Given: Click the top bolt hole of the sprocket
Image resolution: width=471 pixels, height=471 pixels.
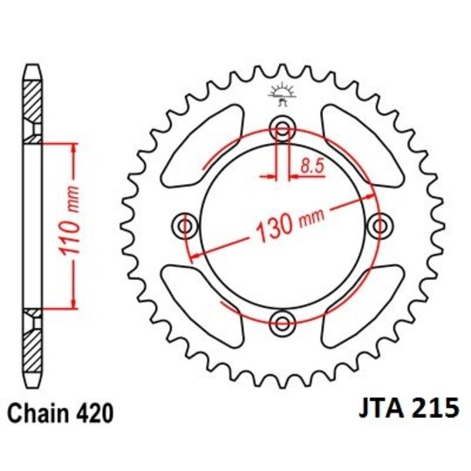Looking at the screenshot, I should tap(282, 131).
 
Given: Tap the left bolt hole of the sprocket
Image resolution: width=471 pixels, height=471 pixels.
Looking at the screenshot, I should tap(185, 227).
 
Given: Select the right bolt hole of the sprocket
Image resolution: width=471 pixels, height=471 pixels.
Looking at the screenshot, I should tap(379, 227).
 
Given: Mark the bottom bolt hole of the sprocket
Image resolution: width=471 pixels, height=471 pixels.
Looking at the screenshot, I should tap(282, 324).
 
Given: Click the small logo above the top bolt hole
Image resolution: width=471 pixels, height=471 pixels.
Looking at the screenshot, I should tap(282, 92).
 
